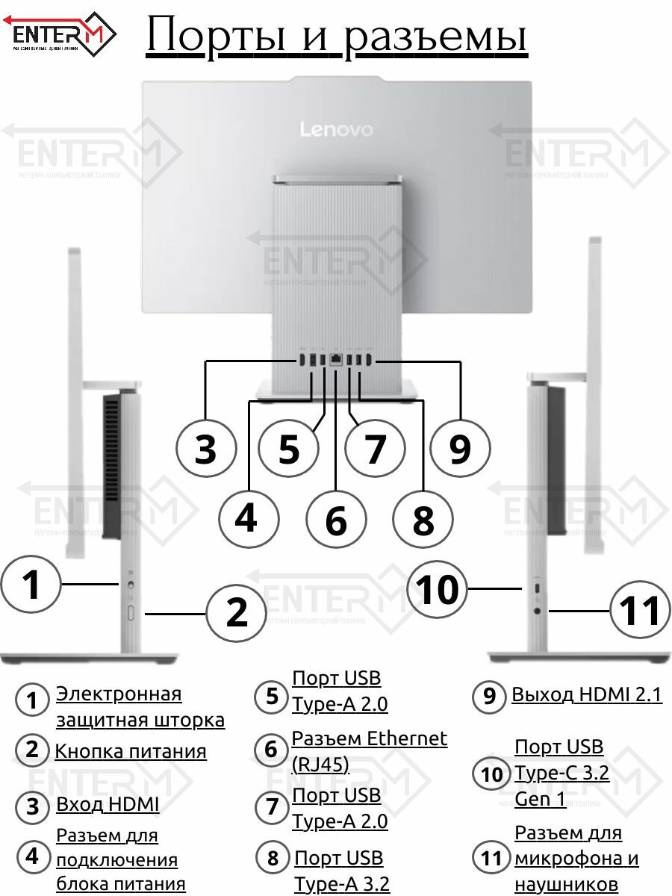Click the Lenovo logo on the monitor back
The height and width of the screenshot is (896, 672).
click(x=336, y=129)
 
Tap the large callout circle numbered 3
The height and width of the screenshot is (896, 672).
click(x=206, y=449)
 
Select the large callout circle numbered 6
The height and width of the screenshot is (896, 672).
click(x=336, y=520)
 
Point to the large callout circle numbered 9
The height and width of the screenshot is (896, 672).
click(x=460, y=449)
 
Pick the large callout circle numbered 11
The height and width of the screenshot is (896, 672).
click(x=641, y=611)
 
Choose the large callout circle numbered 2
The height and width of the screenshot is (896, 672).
click(x=236, y=613)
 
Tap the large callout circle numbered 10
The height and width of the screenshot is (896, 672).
click(x=438, y=591)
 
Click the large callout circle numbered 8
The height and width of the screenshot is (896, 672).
click(x=423, y=520)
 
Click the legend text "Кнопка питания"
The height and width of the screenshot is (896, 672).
click(x=131, y=751)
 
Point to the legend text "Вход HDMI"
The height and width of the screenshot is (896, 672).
click(x=108, y=805)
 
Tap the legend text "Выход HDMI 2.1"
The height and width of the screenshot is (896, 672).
click(x=586, y=695)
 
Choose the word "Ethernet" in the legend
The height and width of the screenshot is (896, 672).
click(x=406, y=738)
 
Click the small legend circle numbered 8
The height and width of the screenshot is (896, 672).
click(x=273, y=859)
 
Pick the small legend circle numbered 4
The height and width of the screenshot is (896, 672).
click(x=32, y=857)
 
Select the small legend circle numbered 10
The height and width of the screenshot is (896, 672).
click(x=491, y=774)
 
